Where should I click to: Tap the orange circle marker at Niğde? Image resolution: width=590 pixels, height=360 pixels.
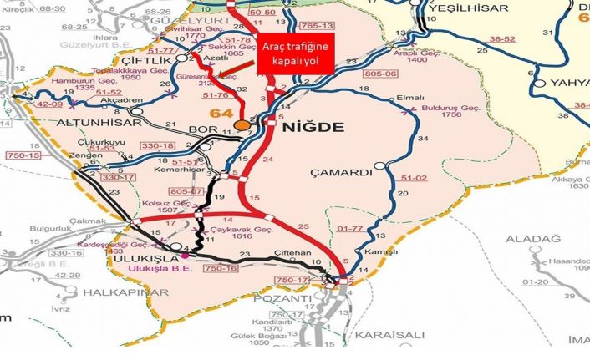(242, 125)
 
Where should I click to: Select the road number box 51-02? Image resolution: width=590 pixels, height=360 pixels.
(415, 178)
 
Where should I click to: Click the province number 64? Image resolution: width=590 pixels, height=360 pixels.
(221, 113)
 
